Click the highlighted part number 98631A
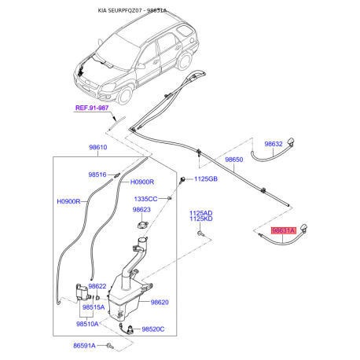click(284, 230)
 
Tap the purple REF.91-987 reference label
click(92, 108)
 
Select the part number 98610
click(98, 147)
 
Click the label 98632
click(274, 144)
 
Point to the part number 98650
click(234, 160)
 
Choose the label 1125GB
click(206, 179)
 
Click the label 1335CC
click(145, 199)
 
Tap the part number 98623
click(141, 210)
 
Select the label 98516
click(97, 174)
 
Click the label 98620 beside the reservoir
click(160, 303)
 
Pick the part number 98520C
click(153, 329)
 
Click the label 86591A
click(84, 346)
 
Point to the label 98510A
click(87, 324)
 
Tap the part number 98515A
click(94, 307)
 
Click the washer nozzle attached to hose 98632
click(291, 141)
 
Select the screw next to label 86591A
click(110, 346)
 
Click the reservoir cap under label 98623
click(142, 225)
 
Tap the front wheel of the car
click(125, 95)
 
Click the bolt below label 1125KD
click(200, 233)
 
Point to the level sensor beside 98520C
click(129, 329)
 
